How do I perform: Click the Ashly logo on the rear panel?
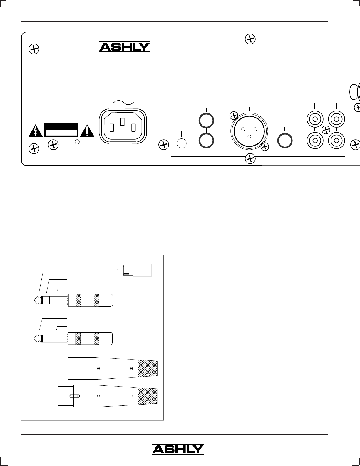[x=125, y=47]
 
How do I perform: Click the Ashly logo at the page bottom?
[x=178, y=449]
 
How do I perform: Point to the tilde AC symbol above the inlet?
[x=123, y=103]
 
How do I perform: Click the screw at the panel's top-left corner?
[x=34, y=49]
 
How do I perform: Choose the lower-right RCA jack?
[x=337, y=141]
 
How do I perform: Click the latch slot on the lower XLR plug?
[x=74, y=396]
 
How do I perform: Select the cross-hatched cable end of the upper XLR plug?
[x=148, y=368]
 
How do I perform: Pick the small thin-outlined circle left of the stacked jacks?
[x=182, y=143]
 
